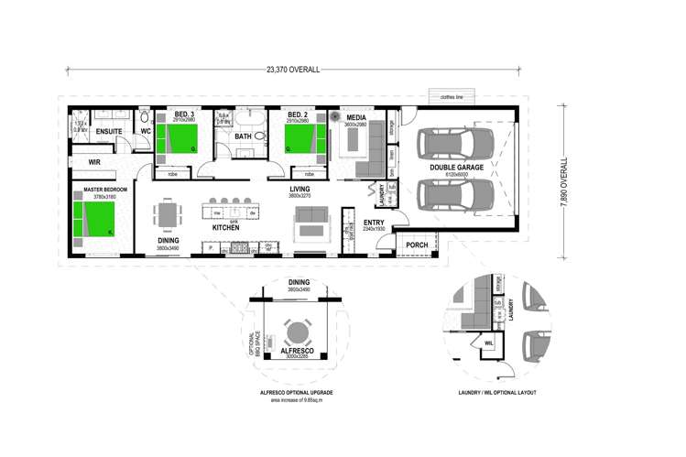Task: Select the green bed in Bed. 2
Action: [301, 140]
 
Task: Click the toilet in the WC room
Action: [144, 118]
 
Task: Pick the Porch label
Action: [418, 245]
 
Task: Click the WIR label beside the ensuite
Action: [94, 161]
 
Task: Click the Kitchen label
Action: [226, 227]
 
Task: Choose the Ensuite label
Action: [110, 132]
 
